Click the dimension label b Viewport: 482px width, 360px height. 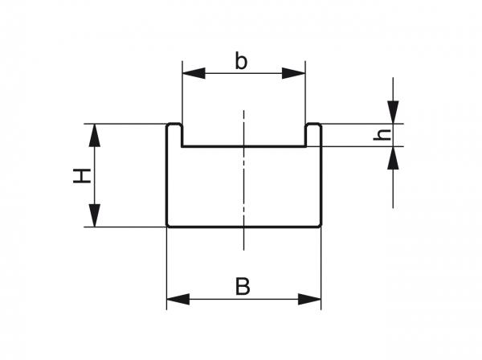(x=241, y=60)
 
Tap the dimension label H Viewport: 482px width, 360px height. (x=80, y=175)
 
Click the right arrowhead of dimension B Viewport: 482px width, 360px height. (x=311, y=300)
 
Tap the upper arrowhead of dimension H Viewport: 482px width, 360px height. (x=95, y=135)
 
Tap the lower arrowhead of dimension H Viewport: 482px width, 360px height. (x=95, y=216)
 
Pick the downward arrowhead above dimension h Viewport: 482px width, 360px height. (x=393, y=113)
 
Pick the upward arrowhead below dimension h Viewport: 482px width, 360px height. (x=393, y=158)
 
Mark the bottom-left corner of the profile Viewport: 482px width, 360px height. (x=167, y=227)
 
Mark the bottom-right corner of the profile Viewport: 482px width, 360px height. (x=321, y=227)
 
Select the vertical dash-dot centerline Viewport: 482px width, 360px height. (x=243, y=185)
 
